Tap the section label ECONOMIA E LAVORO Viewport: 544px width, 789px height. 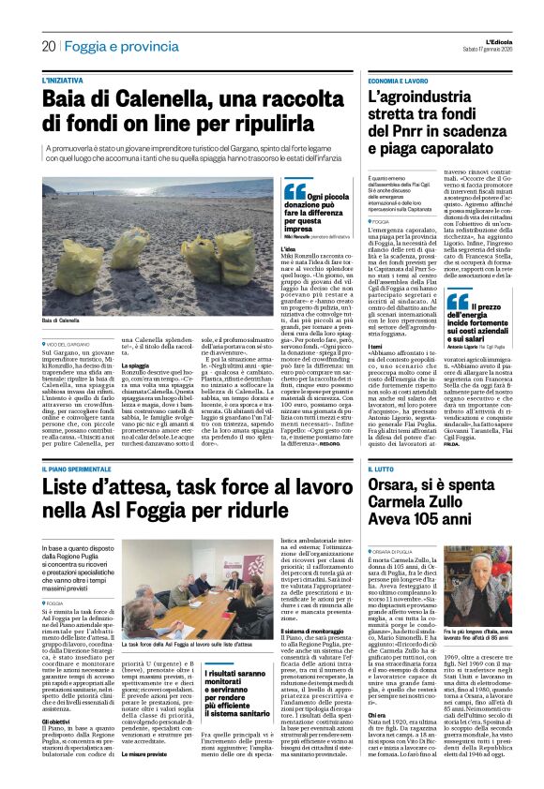pyautogui.click(x=400, y=82)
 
